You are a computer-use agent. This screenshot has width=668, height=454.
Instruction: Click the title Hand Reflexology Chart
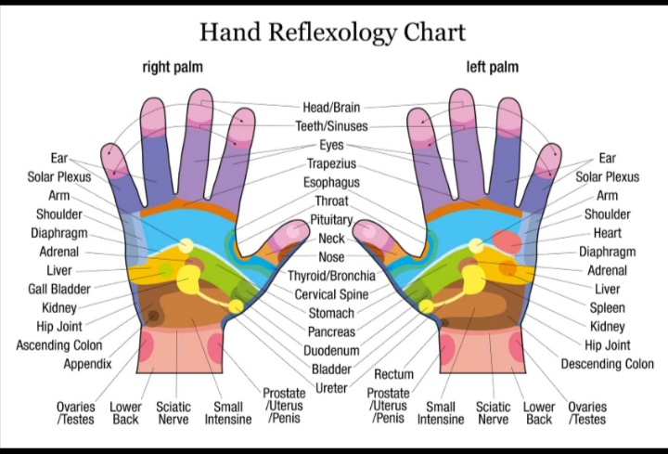click(x=332, y=32)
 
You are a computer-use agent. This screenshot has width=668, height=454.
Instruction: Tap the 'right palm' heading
click(x=173, y=67)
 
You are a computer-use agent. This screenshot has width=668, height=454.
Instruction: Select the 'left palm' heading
click(x=492, y=67)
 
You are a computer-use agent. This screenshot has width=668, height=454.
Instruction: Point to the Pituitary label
click(x=331, y=220)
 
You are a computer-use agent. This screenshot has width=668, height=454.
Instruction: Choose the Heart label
click(x=607, y=233)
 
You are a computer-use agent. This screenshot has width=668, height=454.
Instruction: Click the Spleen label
click(x=608, y=307)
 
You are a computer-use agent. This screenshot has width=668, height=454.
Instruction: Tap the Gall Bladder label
click(x=59, y=289)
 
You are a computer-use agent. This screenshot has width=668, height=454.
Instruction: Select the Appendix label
click(x=87, y=364)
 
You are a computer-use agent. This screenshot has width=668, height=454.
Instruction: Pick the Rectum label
click(x=393, y=374)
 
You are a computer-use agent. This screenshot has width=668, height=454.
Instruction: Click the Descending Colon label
click(x=607, y=364)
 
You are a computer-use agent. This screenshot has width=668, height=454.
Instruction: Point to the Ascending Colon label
click(x=59, y=345)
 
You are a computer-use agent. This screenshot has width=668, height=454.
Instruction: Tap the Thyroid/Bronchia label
click(x=331, y=276)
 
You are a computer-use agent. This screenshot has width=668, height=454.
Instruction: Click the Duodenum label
click(x=331, y=351)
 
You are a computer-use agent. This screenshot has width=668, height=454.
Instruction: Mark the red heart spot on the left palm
click(x=507, y=241)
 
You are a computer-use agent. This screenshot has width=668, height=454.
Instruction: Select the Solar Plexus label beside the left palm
click(x=607, y=176)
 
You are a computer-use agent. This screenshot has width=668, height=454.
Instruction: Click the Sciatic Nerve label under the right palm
click(x=173, y=412)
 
